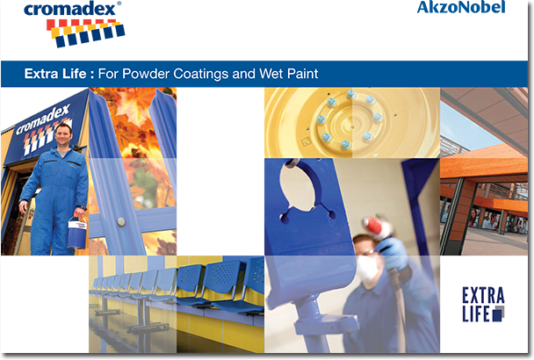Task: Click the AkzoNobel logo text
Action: click(461, 7)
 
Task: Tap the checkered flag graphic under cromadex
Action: click(85, 32)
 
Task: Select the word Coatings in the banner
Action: click(200, 74)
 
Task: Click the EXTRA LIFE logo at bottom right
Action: click(483, 304)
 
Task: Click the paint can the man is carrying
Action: click(76, 233)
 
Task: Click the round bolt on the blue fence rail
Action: click(121, 222)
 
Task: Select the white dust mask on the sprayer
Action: click(367, 268)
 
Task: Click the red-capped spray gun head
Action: click(374, 227)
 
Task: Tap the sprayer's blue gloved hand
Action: click(395, 254)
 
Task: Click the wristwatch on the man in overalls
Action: click(82, 207)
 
